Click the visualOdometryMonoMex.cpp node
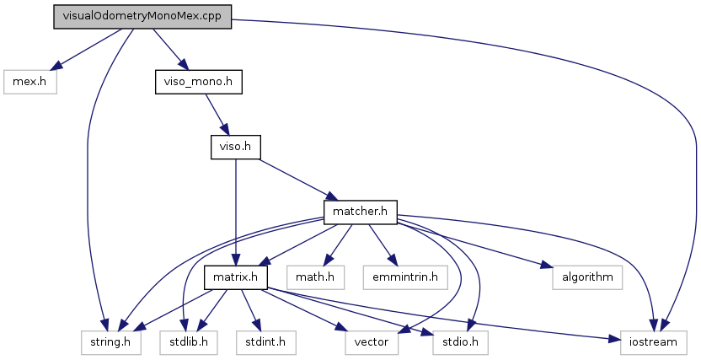point(142,17)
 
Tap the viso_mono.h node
point(198,82)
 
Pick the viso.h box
point(235,147)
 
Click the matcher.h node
point(360,212)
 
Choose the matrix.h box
point(236,277)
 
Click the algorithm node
point(586,277)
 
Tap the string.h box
point(103,341)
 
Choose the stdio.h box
point(459,341)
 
